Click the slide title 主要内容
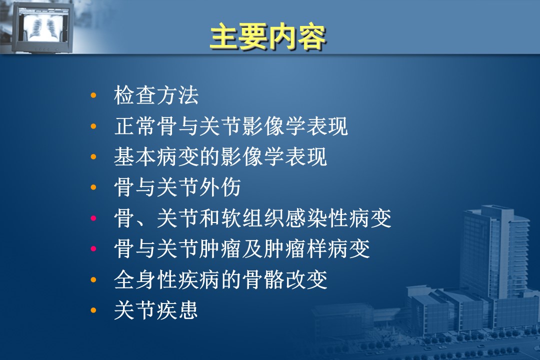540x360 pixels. [268, 36]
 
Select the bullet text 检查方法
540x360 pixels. [156, 95]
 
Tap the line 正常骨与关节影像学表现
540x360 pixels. [230, 126]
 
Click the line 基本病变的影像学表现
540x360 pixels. [220, 156]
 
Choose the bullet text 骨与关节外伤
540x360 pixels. [177, 187]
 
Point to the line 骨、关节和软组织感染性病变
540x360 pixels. [253, 218]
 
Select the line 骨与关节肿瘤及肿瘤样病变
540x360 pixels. [242, 248]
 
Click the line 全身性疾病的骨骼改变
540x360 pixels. [220, 279]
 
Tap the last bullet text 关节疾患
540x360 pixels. [156, 310]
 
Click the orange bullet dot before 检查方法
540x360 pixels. [93, 95]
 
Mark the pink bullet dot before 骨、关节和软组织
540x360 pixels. [93, 218]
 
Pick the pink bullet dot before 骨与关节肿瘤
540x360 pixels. [93, 248]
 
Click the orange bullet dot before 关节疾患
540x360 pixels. [93, 310]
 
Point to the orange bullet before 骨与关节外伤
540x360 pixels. [93, 187]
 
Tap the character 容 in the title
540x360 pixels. [311, 37]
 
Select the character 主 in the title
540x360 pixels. [224, 36]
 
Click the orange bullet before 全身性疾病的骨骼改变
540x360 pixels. [93, 279]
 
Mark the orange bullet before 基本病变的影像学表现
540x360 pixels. [93, 156]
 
